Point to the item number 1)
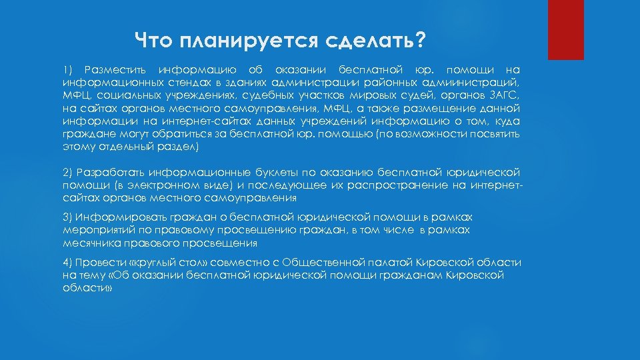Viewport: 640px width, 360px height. (x=67, y=70)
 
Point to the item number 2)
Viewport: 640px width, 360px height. (x=68, y=173)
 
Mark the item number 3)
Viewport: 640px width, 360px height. (x=68, y=217)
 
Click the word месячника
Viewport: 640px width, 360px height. (x=87, y=243)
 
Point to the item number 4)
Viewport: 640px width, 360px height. (x=68, y=263)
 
